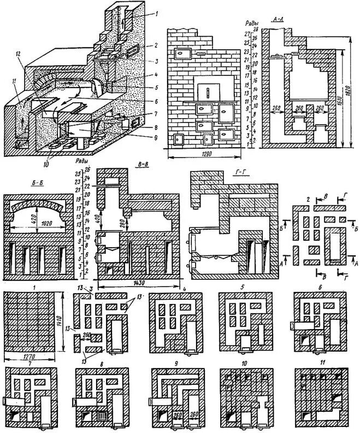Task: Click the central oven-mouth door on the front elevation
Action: coord(206,91)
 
